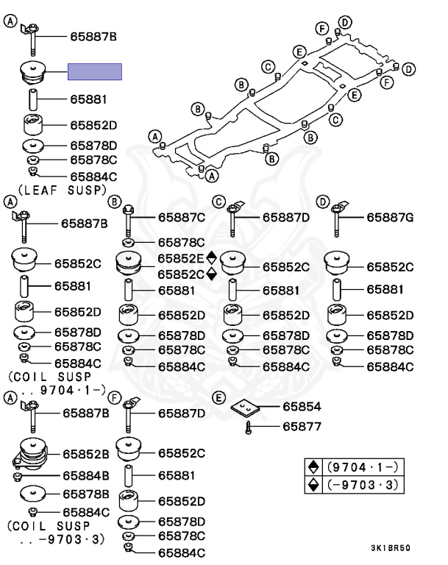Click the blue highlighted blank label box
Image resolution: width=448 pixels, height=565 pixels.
click(x=95, y=71)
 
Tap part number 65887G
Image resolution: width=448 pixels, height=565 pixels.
click(x=390, y=218)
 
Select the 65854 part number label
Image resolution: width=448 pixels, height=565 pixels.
click(x=302, y=406)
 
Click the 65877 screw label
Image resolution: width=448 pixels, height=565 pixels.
click(x=302, y=426)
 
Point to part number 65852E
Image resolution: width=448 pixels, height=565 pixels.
click(x=181, y=258)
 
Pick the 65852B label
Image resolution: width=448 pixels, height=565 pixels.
click(x=86, y=454)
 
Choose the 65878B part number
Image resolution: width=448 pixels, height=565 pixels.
click(x=86, y=494)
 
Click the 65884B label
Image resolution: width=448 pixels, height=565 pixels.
click(x=86, y=476)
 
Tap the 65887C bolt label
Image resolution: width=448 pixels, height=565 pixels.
click(x=182, y=218)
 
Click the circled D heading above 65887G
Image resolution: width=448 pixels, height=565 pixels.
click(x=322, y=202)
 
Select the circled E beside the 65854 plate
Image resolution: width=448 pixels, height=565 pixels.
click(x=218, y=398)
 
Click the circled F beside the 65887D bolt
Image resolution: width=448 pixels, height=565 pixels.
click(x=115, y=398)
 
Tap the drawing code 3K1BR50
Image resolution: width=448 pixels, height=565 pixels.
click(x=391, y=548)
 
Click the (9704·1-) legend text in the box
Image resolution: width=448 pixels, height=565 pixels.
click(x=362, y=467)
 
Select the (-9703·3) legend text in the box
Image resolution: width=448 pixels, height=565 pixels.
click(x=362, y=485)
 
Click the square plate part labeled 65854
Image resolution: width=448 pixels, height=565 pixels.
click(x=245, y=408)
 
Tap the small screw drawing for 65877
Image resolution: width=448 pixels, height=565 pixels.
click(x=248, y=427)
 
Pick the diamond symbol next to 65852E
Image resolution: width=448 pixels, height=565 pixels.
click(x=212, y=257)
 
